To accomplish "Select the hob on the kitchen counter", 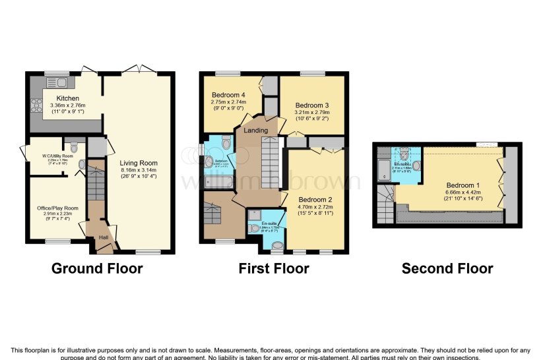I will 36,105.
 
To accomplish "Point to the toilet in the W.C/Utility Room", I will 73,147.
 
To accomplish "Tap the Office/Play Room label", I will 57,208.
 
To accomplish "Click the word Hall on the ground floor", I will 104,238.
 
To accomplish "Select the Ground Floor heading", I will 96,268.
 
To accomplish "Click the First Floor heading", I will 274,268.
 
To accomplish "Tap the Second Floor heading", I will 447,268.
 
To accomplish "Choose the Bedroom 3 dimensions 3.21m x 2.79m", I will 311,113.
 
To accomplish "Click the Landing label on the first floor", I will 255,131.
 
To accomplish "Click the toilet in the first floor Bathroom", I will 226,142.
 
